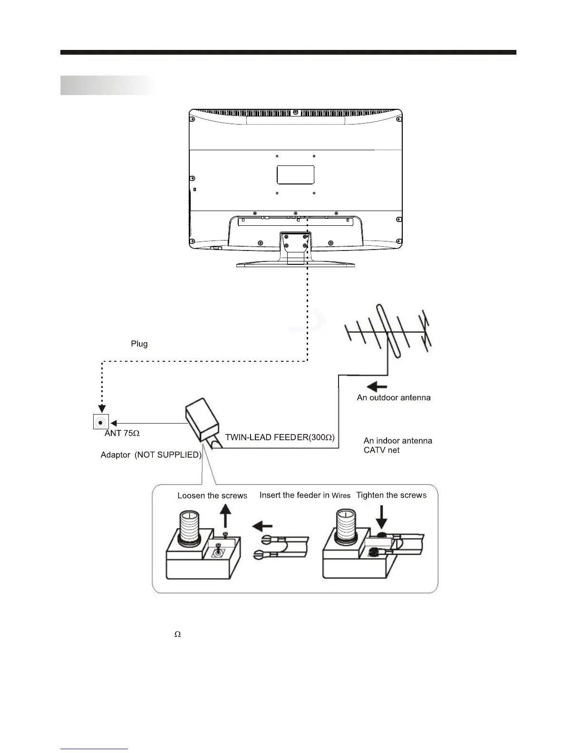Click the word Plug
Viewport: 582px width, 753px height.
[x=139, y=344]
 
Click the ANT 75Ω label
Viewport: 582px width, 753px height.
[x=122, y=434]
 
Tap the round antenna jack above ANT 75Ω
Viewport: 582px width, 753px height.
[x=101, y=422]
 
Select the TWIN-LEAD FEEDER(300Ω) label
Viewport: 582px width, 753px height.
[x=280, y=437]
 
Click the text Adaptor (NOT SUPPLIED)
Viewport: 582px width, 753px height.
[x=151, y=455]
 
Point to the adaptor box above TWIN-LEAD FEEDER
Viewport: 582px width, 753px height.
[x=202, y=420]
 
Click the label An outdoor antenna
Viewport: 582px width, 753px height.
[x=394, y=397]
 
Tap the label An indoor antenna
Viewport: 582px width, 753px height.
[x=398, y=441]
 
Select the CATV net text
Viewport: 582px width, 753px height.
[x=381, y=450]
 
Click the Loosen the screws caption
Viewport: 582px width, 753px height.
[x=212, y=496]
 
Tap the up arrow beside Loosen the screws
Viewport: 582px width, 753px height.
[x=226, y=517]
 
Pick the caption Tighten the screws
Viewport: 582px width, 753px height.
[x=391, y=495]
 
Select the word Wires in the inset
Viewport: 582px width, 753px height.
[x=341, y=496]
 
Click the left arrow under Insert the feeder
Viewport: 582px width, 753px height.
[x=262, y=526]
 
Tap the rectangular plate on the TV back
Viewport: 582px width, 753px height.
[x=296, y=174]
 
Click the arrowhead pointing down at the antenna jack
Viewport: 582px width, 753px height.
[x=101, y=408]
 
